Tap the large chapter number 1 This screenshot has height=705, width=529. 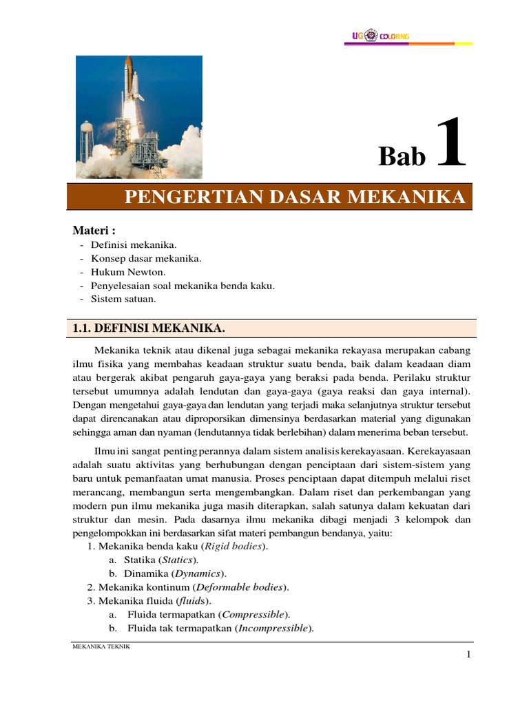[451, 144]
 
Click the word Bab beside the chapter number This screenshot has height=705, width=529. [402, 157]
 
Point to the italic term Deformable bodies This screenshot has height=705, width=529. [240, 587]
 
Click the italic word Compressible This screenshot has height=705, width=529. [253, 614]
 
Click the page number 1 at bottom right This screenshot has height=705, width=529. [468, 655]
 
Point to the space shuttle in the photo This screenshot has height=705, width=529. [129, 83]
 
